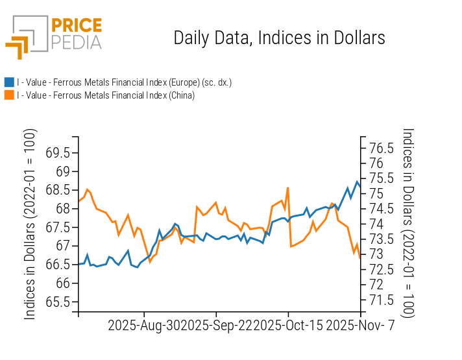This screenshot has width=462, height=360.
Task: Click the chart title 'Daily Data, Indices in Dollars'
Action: coord(279,38)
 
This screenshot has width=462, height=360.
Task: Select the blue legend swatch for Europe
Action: coord(9,82)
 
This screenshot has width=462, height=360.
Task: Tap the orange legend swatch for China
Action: coord(9,95)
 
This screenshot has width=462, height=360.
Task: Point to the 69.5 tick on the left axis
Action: coord(58,153)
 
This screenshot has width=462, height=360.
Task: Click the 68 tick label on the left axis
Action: coord(63,209)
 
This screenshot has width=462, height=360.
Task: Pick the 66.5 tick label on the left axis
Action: coord(58,265)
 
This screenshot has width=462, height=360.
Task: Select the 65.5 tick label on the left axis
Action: coord(58,302)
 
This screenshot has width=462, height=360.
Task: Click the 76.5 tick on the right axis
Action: coord(381,148)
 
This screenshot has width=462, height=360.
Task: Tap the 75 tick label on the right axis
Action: coord(377,193)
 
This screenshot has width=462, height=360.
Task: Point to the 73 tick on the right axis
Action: coord(377,254)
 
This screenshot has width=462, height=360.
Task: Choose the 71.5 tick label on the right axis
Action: coord(381,300)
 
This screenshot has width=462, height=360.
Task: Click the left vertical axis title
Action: coord(30,224)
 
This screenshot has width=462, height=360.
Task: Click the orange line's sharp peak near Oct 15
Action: coord(287,187)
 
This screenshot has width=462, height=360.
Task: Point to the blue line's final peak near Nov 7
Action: coord(357,182)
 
